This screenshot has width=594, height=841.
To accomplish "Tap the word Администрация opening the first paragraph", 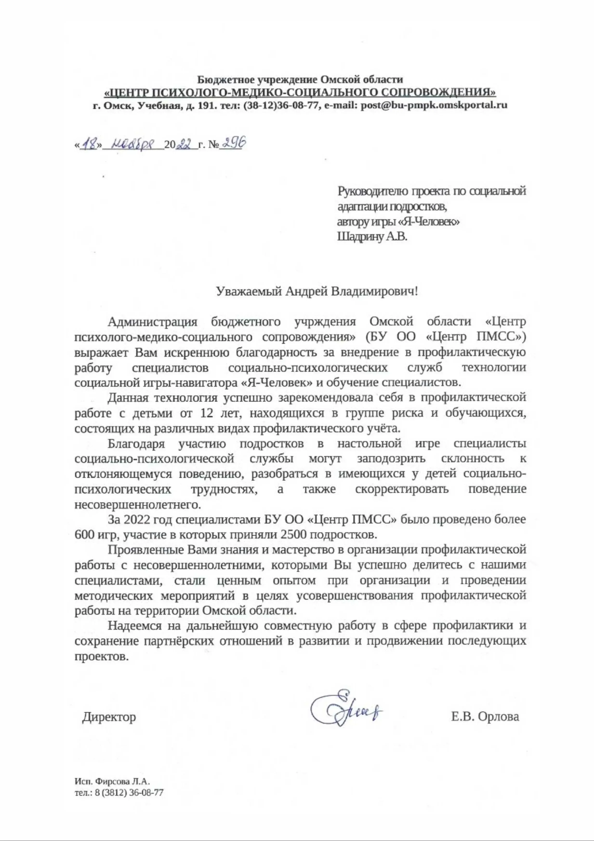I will coord(152,322).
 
